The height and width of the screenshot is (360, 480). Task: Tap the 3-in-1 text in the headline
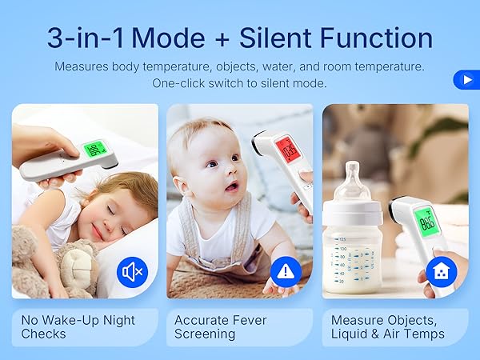click(x=86, y=38)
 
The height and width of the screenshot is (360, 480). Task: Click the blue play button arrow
click(x=466, y=80)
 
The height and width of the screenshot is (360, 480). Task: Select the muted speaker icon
click(x=131, y=272)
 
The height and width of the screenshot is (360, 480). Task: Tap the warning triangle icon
click(x=286, y=272)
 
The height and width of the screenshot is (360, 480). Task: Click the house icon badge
click(x=441, y=272)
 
